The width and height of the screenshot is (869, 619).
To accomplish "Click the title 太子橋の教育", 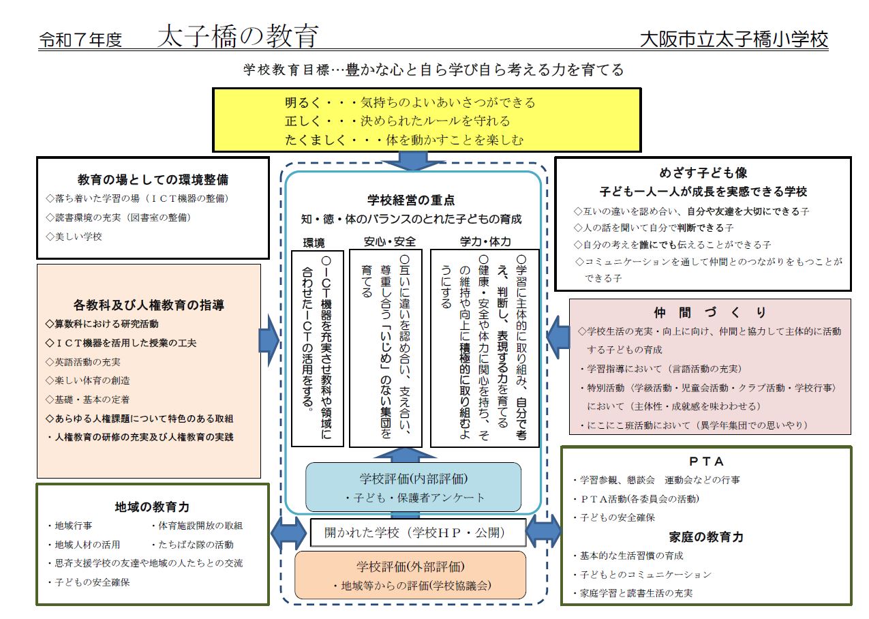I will pyautogui.click(x=237, y=37).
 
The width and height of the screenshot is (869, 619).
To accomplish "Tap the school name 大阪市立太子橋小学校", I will pyautogui.click(x=734, y=40).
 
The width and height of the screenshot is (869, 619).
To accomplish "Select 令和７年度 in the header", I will pyautogui.click(x=80, y=40).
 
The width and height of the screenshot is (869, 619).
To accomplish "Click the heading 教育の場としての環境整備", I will pyautogui.click(x=153, y=180).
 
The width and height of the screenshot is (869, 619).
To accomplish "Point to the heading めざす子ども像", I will pyautogui.click(x=703, y=173).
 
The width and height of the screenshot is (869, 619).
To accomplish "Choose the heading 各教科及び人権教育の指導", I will pyautogui.click(x=149, y=305).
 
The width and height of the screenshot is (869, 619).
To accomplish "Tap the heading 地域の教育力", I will pyautogui.click(x=152, y=507).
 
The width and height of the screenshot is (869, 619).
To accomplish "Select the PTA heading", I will pyautogui.click(x=705, y=462).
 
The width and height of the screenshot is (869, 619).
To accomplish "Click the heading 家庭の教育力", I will pyautogui.click(x=705, y=537).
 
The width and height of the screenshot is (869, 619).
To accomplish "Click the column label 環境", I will pyautogui.click(x=314, y=242).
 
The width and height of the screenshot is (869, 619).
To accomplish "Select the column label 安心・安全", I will pyautogui.click(x=389, y=242).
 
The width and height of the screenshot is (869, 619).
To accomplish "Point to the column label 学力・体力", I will pyautogui.click(x=485, y=242).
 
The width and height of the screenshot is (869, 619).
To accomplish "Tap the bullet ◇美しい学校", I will pyautogui.click(x=74, y=237).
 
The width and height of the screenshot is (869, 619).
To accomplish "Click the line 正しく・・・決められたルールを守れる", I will pyautogui.click(x=397, y=121).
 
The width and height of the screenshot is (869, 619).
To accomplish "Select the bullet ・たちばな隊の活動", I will pyautogui.click(x=192, y=545).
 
